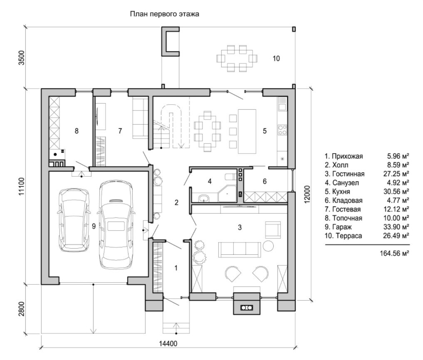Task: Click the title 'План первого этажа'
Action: click(x=165, y=15)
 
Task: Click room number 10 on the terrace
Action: click(x=276, y=59)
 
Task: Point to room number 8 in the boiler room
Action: click(x=77, y=131)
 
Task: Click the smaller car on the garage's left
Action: click(x=74, y=220)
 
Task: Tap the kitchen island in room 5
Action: click(x=247, y=131)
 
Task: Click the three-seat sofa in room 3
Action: click(x=240, y=249)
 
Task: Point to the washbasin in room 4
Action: click(x=204, y=198)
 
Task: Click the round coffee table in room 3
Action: click(x=268, y=246)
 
